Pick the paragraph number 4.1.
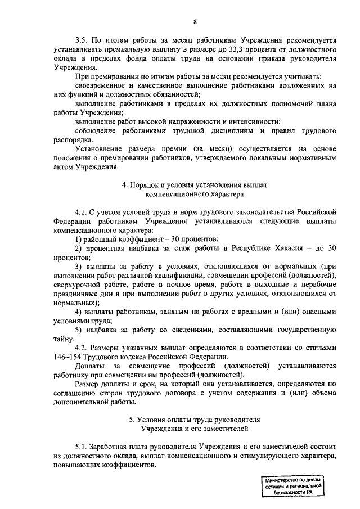coord(82,211)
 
